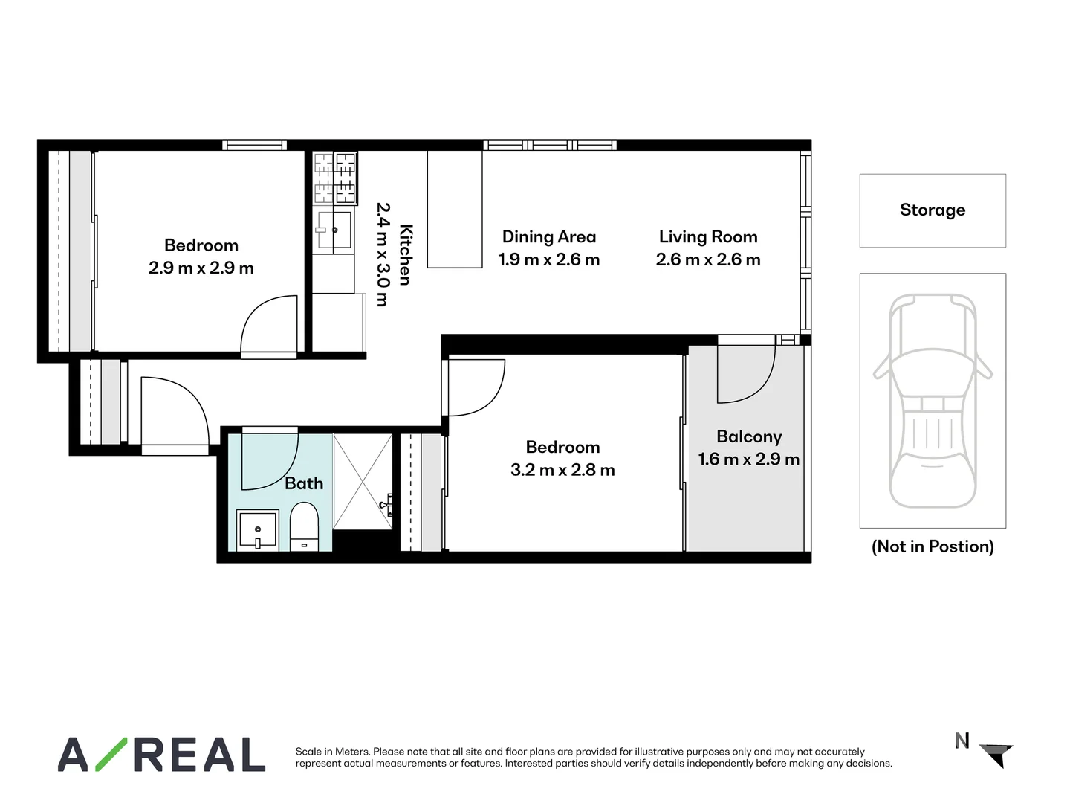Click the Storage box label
(x=933, y=210)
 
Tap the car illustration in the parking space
(x=933, y=401)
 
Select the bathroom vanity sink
(x=258, y=530)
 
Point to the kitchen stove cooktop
(x=335, y=178)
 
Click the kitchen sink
(x=334, y=230)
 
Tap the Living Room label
(x=708, y=237)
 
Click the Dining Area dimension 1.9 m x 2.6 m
(x=549, y=259)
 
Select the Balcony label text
(x=749, y=436)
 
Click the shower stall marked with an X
(x=363, y=482)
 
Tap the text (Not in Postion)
(x=933, y=546)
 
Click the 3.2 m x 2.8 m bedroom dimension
(x=562, y=470)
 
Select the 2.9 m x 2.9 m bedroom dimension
(x=201, y=268)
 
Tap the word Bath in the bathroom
(x=304, y=483)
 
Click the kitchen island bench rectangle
(x=455, y=209)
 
